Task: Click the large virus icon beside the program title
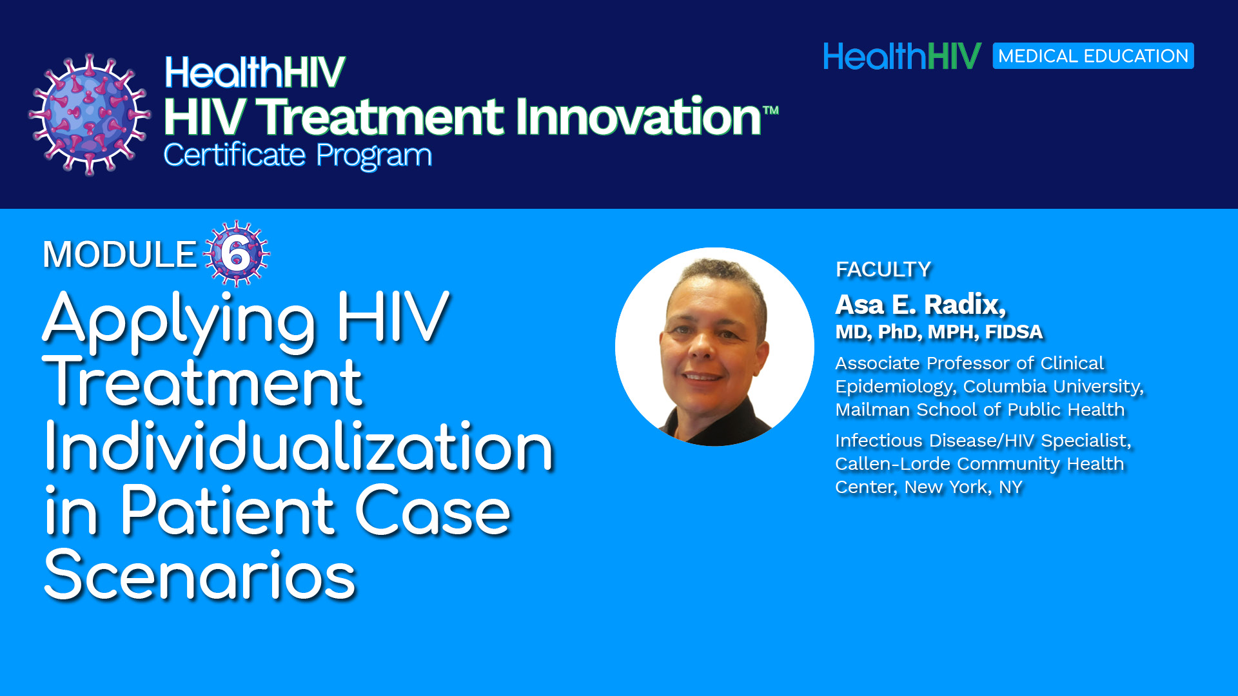(90, 115)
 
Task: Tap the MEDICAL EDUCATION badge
(1093, 56)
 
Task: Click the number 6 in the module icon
(236, 254)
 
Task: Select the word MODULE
(119, 254)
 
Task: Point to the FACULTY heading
(883, 269)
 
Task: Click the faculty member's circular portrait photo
(714, 347)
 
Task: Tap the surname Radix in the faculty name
(965, 305)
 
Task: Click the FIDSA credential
(1014, 332)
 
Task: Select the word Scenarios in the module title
(200, 575)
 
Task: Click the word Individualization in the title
(299, 446)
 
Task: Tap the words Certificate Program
(298, 155)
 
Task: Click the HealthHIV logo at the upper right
(902, 56)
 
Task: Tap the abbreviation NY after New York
(1010, 487)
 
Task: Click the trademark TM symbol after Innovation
(771, 110)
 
